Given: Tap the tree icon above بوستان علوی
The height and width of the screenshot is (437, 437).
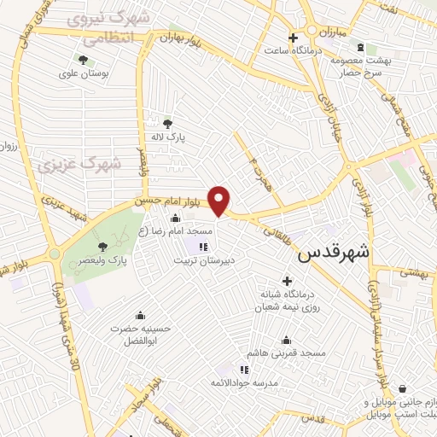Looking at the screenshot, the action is pyautogui.click(x=83, y=59).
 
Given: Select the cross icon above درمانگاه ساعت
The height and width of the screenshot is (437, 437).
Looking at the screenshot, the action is pyautogui.click(x=293, y=38).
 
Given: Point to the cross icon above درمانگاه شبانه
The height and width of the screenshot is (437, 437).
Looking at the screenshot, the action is pyautogui.click(x=287, y=281).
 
